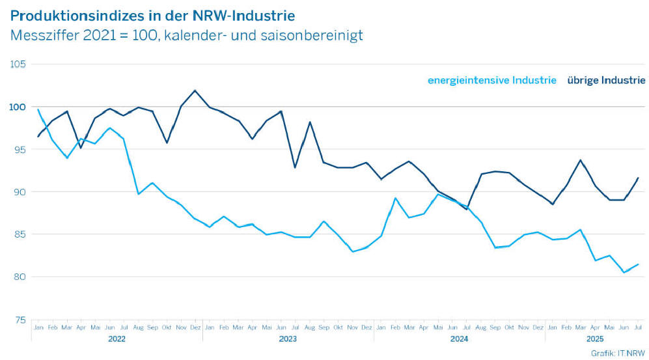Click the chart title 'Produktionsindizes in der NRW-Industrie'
pos(157,14)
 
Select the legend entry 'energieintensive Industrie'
pos(491,80)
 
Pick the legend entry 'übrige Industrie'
pos(606,80)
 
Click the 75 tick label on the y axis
pos(20,320)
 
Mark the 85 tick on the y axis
pos(20,234)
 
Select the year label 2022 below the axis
pos(117,339)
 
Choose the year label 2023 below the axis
pos(288,339)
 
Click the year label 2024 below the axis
pos(459,339)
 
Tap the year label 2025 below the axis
pos(594,339)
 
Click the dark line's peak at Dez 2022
pos(195,90)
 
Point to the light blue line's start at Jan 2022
pos(38,109)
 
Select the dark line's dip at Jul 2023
pos(295,167)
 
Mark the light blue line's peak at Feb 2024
pos(395,198)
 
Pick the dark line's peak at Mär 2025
pos(580,160)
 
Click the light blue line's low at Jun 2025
pos(624,272)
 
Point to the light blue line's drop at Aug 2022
pos(138,193)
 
